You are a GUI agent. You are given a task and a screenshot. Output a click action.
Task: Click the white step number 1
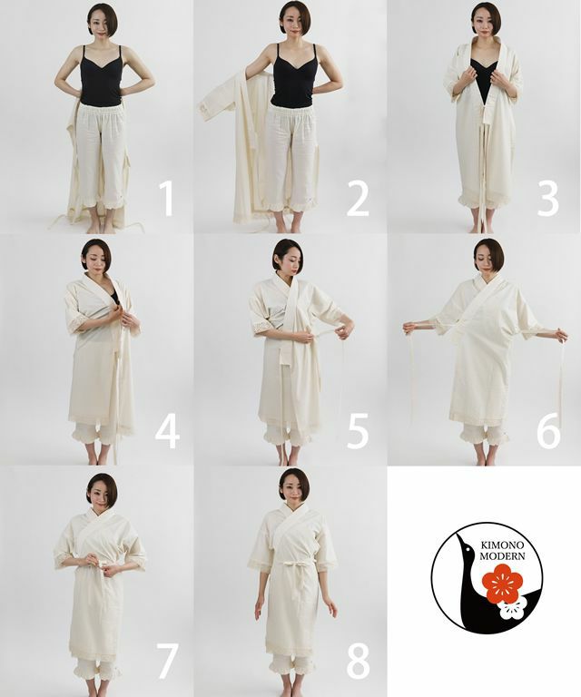click(x=167, y=199)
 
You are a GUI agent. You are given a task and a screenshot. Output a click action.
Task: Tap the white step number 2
click(x=358, y=199)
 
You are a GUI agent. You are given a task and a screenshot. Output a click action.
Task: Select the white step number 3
click(x=547, y=199)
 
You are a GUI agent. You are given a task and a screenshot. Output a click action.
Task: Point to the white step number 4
click(x=167, y=431)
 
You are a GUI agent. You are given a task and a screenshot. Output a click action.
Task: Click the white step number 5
click(x=358, y=431)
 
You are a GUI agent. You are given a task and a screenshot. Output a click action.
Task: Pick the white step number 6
click(x=548, y=431)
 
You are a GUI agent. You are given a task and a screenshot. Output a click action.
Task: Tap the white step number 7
click(x=167, y=663)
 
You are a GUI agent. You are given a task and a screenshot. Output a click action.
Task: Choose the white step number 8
click(x=358, y=663)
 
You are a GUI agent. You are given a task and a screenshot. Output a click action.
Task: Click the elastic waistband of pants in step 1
click(x=100, y=110)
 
